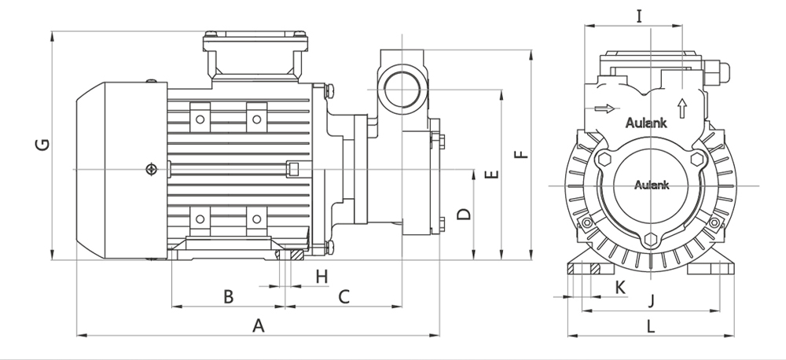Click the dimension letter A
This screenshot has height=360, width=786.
point(257,325)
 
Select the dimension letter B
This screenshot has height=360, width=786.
point(228,296)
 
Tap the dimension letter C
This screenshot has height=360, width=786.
point(343,296)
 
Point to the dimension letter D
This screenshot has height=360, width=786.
point(464,214)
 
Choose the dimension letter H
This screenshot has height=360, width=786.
point(321,276)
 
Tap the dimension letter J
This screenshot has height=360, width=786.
point(651,299)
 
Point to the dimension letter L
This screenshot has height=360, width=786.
point(651,325)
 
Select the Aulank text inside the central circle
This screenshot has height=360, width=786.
point(649,186)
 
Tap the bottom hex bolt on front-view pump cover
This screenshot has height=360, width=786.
point(649,241)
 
